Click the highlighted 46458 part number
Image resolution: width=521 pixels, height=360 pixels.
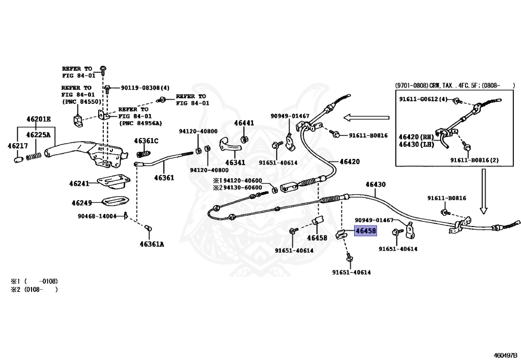click(365, 231)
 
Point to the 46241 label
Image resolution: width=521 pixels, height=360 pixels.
click(79, 183)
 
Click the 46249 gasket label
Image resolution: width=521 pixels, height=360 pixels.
click(81, 203)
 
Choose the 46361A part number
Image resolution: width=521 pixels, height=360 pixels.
click(152, 244)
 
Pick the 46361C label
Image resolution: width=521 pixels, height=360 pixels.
click(146, 141)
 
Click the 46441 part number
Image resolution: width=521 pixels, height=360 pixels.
click(244, 123)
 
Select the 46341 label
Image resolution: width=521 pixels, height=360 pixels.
click(235, 163)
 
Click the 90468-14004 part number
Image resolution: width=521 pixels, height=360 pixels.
click(97, 216)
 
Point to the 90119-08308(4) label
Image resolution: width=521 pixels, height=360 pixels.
click(145, 88)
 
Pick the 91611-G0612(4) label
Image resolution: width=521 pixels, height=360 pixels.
click(423, 99)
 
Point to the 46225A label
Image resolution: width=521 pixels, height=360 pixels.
click(39, 135)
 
